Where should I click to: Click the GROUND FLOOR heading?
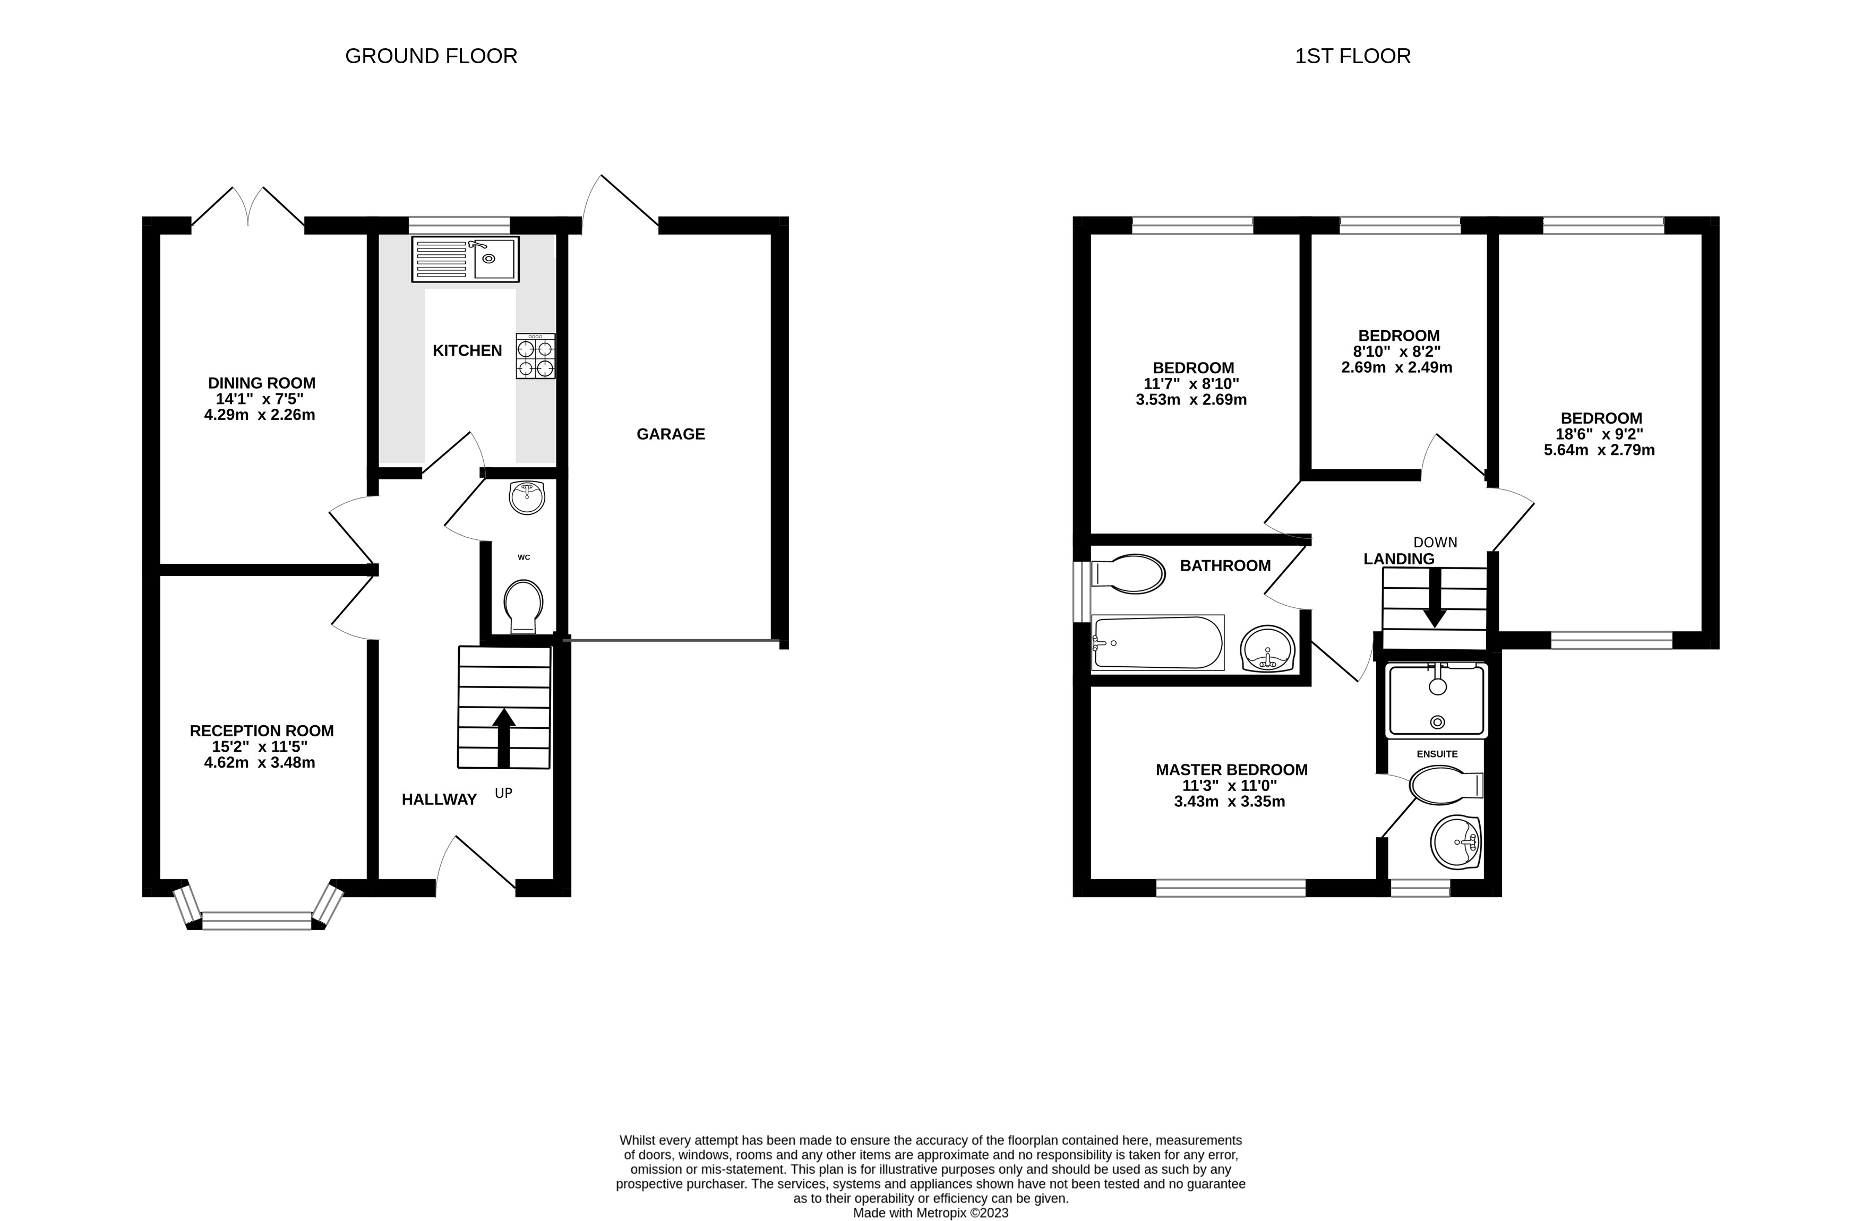click(x=431, y=56)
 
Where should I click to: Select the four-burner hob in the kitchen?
click(x=535, y=357)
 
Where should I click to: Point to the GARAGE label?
click(x=671, y=434)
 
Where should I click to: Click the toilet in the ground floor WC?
click(x=524, y=606)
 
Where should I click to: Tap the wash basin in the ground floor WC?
click(x=527, y=497)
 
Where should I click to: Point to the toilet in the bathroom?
click(x=1127, y=574)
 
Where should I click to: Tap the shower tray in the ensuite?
click(x=1436, y=700)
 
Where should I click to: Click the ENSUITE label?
click(x=1437, y=754)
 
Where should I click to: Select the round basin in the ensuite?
click(x=1456, y=842)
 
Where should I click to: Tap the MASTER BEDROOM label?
click(x=1231, y=770)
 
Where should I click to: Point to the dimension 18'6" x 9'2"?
click(x=1601, y=434)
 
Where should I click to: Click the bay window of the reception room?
click(x=258, y=920)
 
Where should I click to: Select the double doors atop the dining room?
click(x=248, y=207)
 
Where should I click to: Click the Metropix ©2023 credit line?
click(x=930, y=1213)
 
